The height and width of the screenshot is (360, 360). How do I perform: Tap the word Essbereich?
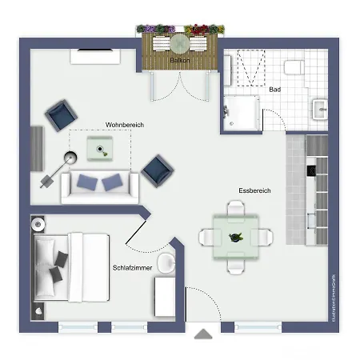click(x=255, y=190)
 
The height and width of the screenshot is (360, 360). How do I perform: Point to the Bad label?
click(x=274, y=90)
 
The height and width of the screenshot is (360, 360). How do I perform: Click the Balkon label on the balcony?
click(x=179, y=60)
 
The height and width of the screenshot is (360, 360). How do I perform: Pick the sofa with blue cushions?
click(x=100, y=185)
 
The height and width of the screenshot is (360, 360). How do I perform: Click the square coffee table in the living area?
click(x=99, y=146)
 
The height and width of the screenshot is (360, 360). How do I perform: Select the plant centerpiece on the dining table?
click(x=235, y=237)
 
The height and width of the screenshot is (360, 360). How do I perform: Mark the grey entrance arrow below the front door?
click(x=205, y=334)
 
